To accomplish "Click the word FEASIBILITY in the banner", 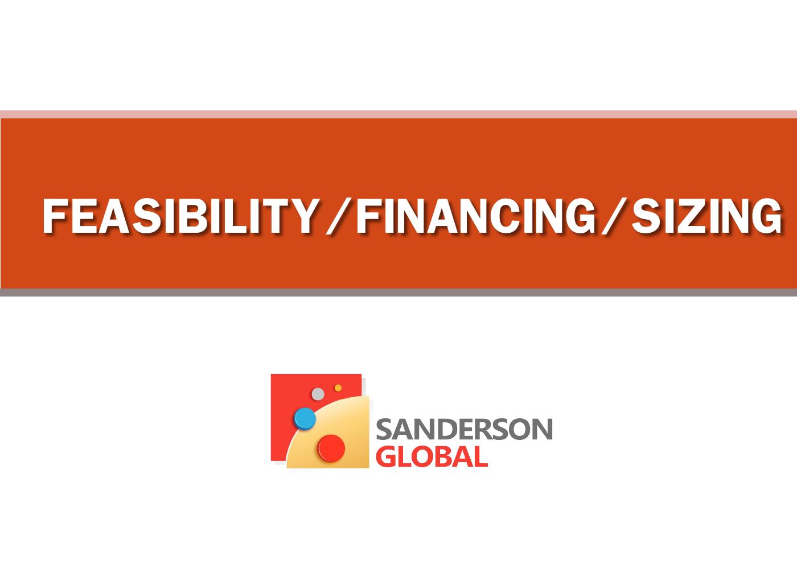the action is tap(179, 216).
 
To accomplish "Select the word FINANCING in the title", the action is tap(476, 216).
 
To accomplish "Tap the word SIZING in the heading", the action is tap(706, 216).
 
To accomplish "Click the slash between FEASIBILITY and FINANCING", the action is tap(336, 217).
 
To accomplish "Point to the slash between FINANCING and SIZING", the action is tap(613, 217).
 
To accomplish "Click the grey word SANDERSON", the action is tap(464, 429).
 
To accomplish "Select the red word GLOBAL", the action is tap(432, 456).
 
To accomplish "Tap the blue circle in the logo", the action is tap(305, 418).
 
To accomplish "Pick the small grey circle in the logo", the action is tap(318, 394).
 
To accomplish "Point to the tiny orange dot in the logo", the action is tap(338, 388).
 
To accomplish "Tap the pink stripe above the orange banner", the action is tap(398, 114).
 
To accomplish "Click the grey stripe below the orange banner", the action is tap(398, 293).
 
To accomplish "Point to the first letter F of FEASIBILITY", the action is tap(55, 216).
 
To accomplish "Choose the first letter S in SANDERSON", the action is tap(384, 430).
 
